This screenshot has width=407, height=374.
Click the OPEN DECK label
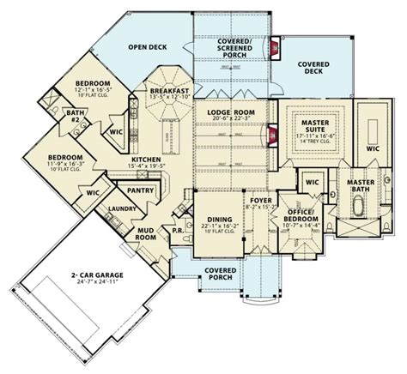click(148, 47)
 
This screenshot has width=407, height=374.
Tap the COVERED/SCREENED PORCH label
click(234, 47)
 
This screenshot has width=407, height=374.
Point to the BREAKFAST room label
click(169, 90)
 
